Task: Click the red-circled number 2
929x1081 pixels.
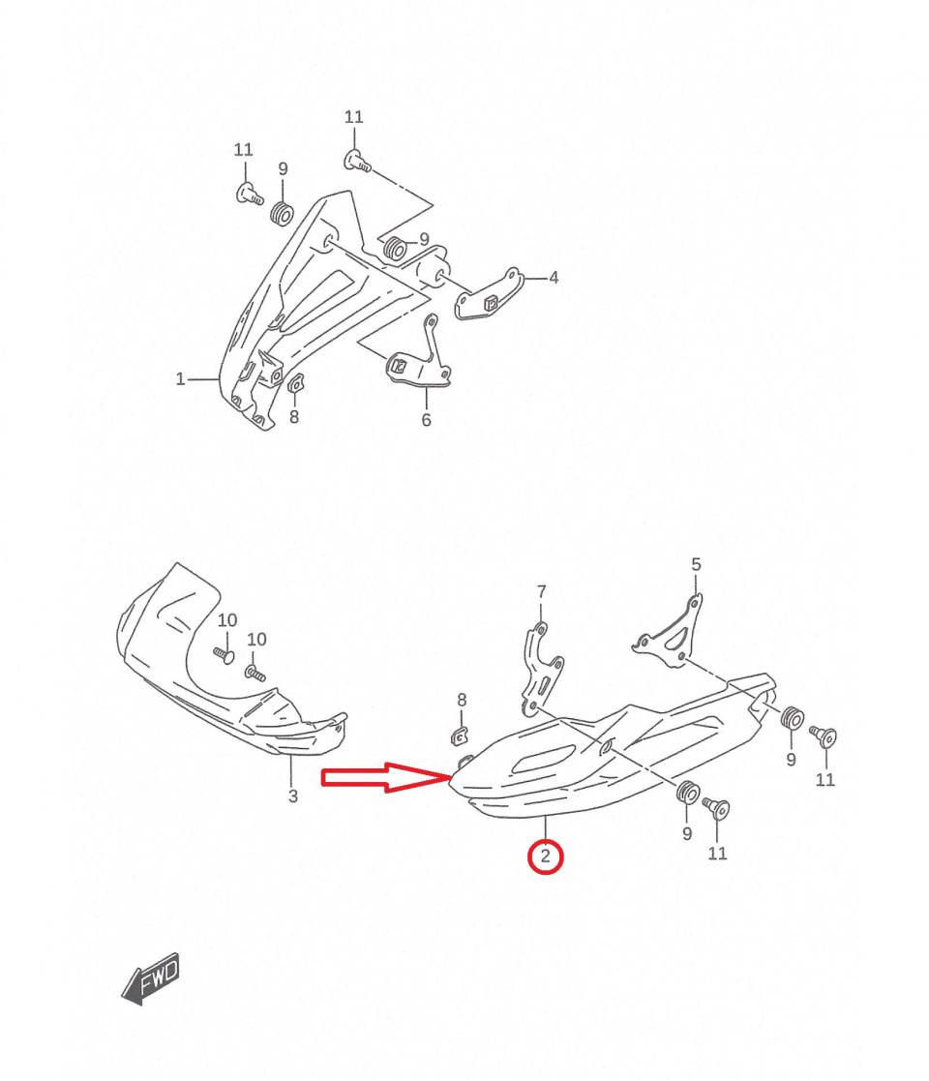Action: [x=545, y=856]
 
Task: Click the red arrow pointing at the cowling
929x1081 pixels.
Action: [x=387, y=778]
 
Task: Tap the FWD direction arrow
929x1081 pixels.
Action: [x=151, y=978]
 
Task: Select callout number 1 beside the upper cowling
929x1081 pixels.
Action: [x=181, y=379]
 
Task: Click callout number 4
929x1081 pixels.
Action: [x=554, y=278]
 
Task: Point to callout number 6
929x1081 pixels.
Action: [x=426, y=419]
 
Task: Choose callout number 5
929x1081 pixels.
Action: [x=696, y=564]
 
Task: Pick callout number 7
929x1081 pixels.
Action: [x=542, y=591]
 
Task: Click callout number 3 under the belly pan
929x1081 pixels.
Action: [x=293, y=796]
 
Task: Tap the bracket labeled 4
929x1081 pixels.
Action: [x=487, y=293]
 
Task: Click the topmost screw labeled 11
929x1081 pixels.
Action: [x=356, y=162]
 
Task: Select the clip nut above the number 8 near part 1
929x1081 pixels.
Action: [x=296, y=382]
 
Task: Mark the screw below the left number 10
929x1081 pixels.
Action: [x=224, y=653]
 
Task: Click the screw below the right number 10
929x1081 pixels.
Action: [x=255, y=673]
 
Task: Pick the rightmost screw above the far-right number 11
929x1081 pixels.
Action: [x=824, y=736]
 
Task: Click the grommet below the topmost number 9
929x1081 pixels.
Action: [x=282, y=214]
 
